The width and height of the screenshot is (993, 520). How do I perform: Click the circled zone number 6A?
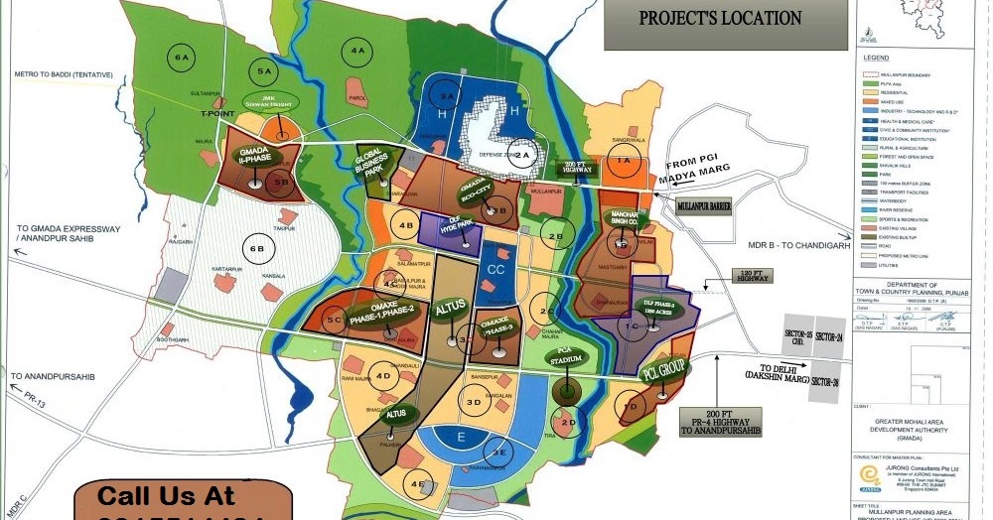tap(182, 57)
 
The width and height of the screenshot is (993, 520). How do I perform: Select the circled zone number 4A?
tap(356, 51)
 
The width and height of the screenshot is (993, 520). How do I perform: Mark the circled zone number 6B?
tap(257, 249)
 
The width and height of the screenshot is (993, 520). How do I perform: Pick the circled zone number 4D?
tap(383, 376)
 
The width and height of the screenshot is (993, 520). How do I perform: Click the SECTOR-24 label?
tap(832, 337)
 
